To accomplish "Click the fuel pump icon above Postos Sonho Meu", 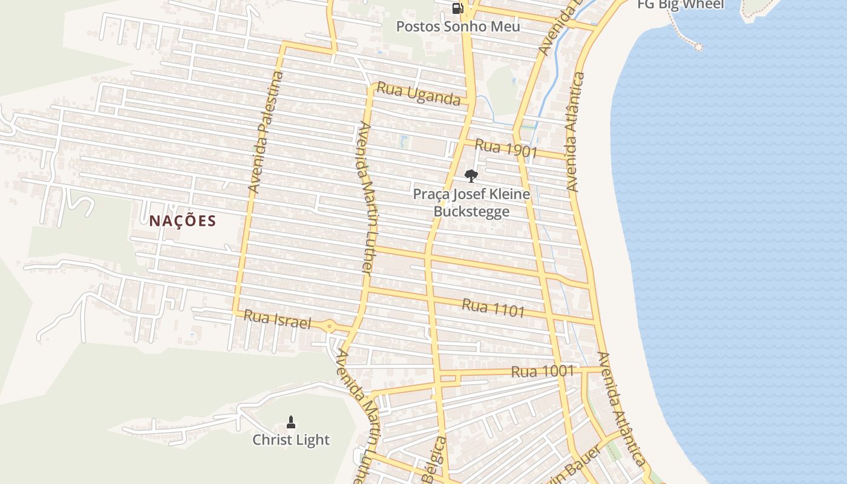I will click(457, 8).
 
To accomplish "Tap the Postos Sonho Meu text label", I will click(458, 27).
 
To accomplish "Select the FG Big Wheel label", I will click(681, 5).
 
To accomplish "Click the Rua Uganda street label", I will click(419, 94).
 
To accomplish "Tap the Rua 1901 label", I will click(506, 148).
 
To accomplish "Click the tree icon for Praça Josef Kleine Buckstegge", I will click(471, 176).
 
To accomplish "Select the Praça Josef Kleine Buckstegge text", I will click(471, 203).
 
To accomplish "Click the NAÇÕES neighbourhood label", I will click(183, 221).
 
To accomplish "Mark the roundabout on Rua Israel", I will click(329, 326).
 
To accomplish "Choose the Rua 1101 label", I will click(493, 308).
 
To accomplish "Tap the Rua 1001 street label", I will click(542, 371).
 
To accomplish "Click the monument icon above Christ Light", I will click(290, 422).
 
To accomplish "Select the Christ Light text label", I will click(291, 440).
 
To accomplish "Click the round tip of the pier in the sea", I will click(699, 46).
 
